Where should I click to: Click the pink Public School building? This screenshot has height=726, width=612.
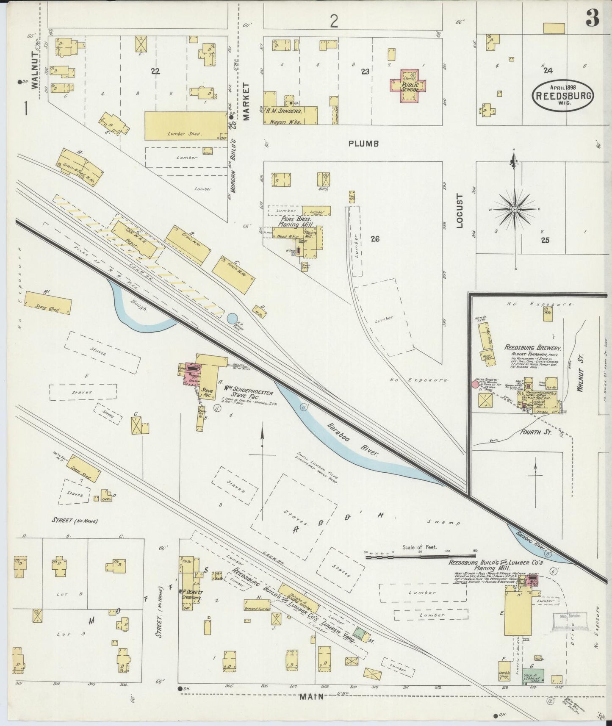[x=407, y=86]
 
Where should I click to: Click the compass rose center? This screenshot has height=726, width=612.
[x=515, y=209]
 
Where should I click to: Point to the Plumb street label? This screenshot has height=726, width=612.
[x=363, y=144]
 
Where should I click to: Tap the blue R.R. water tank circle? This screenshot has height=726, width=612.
[x=232, y=318]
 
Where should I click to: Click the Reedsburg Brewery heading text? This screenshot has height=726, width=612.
[x=532, y=348]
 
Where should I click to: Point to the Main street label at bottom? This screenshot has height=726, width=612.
[x=311, y=697]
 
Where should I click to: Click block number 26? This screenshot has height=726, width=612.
[x=374, y=239]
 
